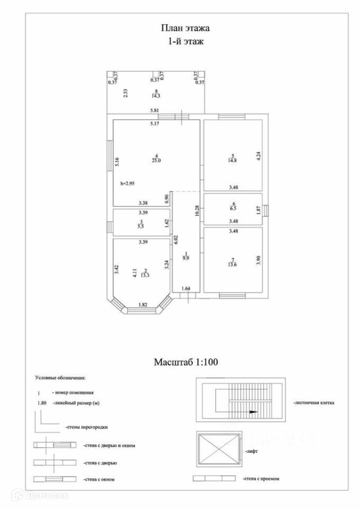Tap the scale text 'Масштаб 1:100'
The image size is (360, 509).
[186, 363]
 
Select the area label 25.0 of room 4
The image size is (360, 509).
[156, 160]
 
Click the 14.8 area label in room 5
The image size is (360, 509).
[233, 160]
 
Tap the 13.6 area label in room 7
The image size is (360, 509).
[233, 265]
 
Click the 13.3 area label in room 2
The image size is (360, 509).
[145, 275]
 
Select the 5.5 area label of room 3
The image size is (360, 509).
[141, 226]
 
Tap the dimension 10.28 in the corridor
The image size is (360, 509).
[197, 211]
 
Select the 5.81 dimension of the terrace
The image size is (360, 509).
[155, 110]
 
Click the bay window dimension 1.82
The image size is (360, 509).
[143, 304]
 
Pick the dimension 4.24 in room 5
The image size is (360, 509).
[258, 156]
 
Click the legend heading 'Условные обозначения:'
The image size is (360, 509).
[60, 378]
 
